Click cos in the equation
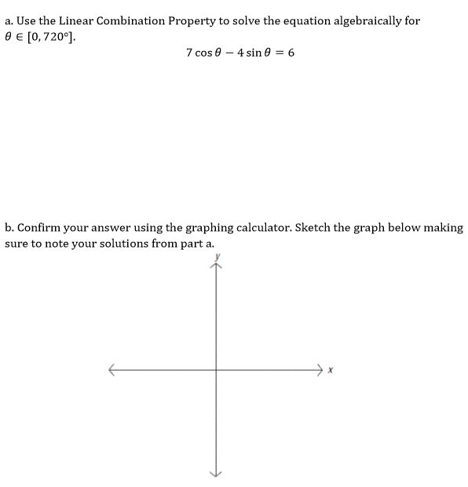(207, 53)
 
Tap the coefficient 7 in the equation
(189, 53)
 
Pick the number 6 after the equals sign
(291, 53)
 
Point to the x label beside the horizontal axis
(331, 368)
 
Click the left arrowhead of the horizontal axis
(112, 368)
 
